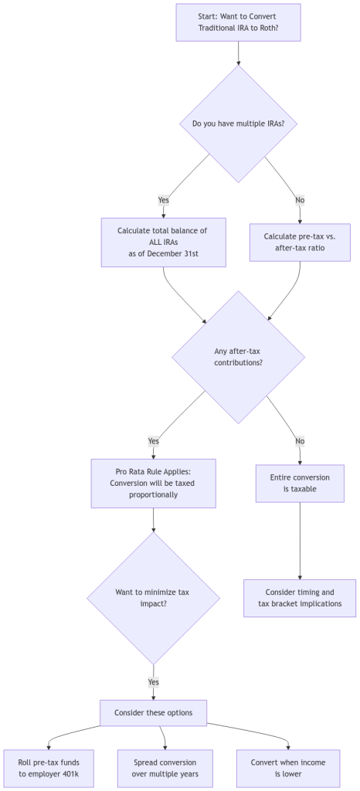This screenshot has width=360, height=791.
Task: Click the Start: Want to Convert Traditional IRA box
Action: [x=237, y=22]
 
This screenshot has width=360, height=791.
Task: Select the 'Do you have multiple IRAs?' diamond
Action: [x=238, y=123]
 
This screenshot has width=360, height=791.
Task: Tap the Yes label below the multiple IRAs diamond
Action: [x=164, y=200]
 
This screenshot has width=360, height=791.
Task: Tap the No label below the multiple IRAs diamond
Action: [x=300, y=200]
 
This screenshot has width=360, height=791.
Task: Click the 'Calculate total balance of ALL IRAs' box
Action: [x=164, y=242]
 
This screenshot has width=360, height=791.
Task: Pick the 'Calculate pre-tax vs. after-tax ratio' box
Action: [x=300, y=242]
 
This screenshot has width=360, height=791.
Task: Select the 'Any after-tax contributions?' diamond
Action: [x=238, y=356]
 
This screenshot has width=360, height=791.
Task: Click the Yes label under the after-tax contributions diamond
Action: [x=154, y=441]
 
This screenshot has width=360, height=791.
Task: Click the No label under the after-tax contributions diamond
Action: [x=300, y=441]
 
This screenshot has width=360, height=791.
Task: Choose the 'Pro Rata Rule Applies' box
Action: [x=154, y=484]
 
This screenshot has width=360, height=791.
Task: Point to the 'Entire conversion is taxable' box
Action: [x=300, y=484]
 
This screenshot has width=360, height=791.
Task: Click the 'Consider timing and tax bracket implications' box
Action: [x=300, y=598]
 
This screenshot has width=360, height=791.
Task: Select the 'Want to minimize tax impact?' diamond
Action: [x=154, y=598]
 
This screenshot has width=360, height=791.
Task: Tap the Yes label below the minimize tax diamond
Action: [x=154, y=683]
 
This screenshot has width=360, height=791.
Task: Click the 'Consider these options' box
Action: [x=154, y=712]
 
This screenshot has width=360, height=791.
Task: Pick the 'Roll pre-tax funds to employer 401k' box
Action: [x=49, y=768]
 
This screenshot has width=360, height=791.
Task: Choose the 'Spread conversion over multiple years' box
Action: [x=165, y=768]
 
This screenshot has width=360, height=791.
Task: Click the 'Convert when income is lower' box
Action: [x=288, y=768]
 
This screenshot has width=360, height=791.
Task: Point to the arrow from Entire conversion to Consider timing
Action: [x=300, y=541]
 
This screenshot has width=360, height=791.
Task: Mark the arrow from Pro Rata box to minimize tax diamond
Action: [x=154, y=520]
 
